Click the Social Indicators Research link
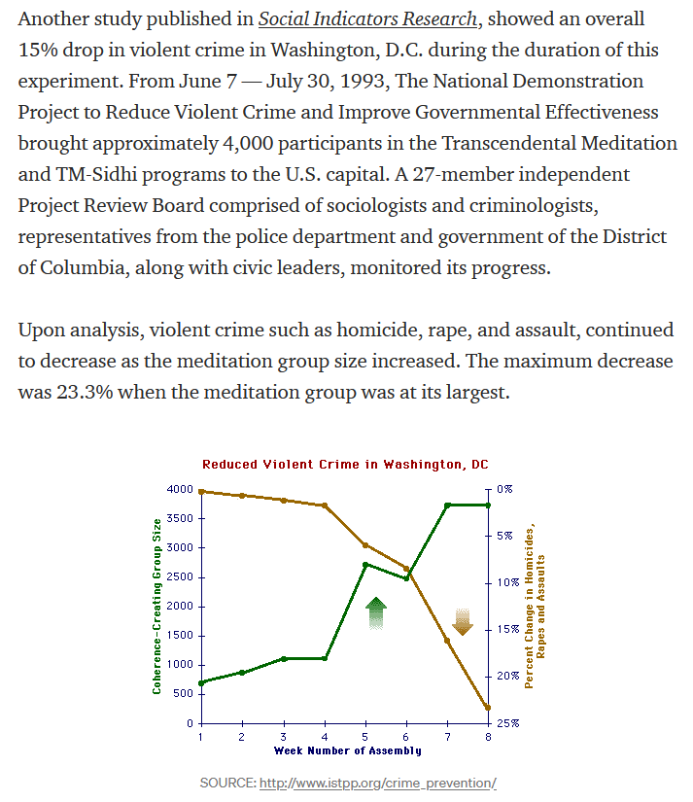pyautogui.click(x=367, y=18)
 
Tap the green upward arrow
pyautogui.click(x=376, y=612)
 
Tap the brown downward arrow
pyautogui.click(x=463, y=622)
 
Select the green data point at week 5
pyautogui.click(x=365, y=565)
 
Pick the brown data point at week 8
pyautogui.click(x=488, y=708)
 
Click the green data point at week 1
pyautogui.click(x=201, y=682)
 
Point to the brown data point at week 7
pyautogui.click(x=447, y=641)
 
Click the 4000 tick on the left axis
pyautogui.click(x=180, y=490)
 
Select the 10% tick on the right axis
pyautogui.click(x=508, y=582)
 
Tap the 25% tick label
pyautogui.click(x=508, y=723)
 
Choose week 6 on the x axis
pyautogui.click(x=405, y=737)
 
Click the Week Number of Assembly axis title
pyautogui.click(x=348, y=750)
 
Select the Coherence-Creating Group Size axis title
pyautogui.click(x=156, y=606)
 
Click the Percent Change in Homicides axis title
pyautogui.click(x=535, y=606)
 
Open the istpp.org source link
pyautogui.click(x=378, y=784)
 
